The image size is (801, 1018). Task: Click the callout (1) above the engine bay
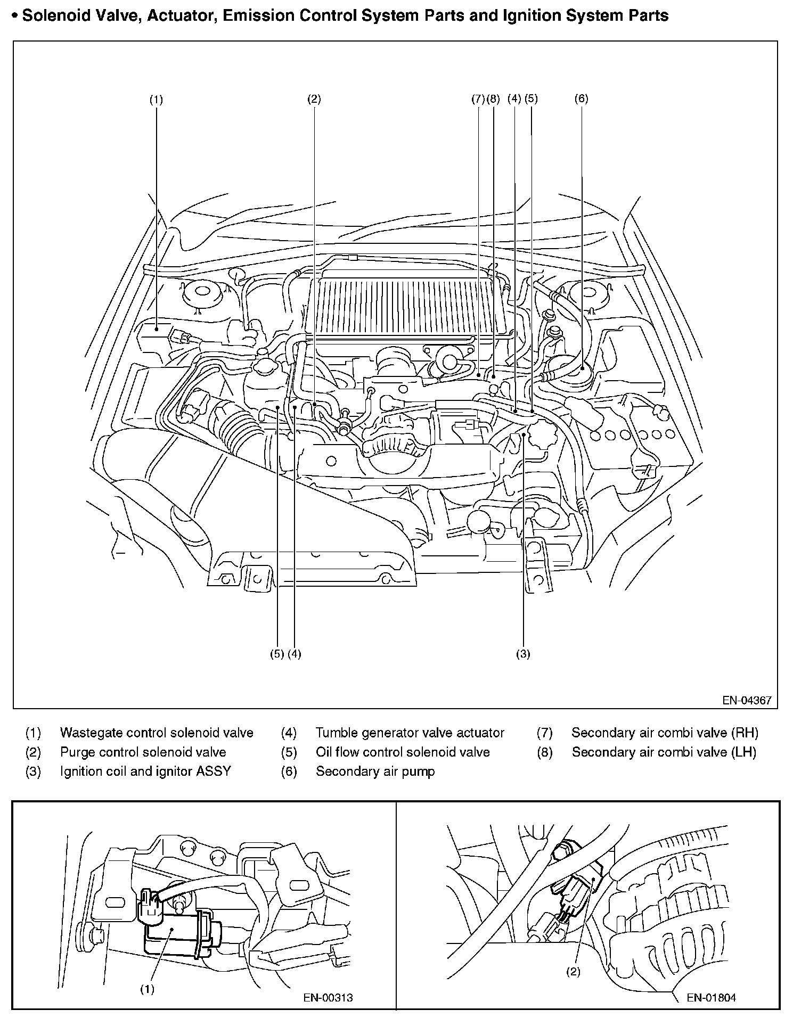tap(156, 100)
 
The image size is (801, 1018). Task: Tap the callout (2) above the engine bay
tap(314, 98)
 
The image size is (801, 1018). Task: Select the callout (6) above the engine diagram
tap(581, 98)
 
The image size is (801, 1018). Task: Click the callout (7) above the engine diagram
tap(478, 98)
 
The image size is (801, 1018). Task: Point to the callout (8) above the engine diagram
tap(493, 98)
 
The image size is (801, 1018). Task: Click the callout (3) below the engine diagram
tap(523, 654)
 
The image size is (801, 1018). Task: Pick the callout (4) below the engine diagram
tap(295, 654)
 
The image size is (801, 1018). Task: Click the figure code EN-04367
tap(747, 700)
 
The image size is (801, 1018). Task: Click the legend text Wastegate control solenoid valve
tap(157, 733)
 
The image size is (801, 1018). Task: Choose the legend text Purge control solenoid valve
tap(143, 752)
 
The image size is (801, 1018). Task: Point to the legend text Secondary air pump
tap(375, 771)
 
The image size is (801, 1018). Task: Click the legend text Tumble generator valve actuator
tap(410, 733)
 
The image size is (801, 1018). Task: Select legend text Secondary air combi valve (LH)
tap(664, 752)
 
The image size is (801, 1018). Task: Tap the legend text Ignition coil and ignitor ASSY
tap(145, 771)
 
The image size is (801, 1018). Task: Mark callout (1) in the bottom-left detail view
tap(147, 989)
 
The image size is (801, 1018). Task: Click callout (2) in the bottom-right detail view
tap(573, 972)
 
